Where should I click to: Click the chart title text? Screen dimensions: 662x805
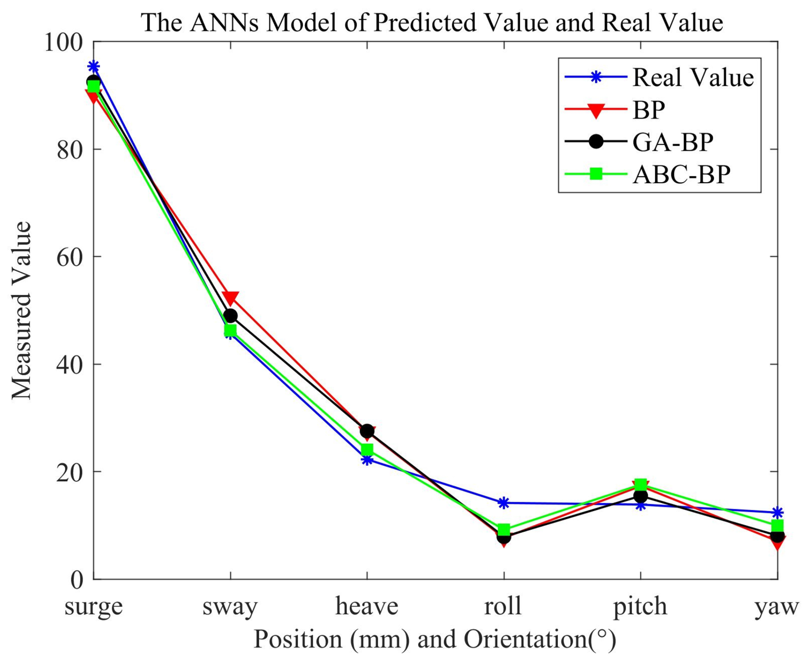[x=432, y=23]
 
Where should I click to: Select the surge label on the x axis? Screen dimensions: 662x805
[x=93, y=606]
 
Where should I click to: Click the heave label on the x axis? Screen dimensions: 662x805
[x=367, y=606]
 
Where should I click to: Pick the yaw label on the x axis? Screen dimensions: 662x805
[x=777, y=607]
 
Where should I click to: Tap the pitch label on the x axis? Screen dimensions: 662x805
[x=640, y=607]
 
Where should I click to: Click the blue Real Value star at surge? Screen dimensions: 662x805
[x=93, y=67]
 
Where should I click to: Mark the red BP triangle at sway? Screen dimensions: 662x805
[x=230, y=297]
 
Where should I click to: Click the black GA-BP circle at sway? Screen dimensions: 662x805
[x=230, y=316]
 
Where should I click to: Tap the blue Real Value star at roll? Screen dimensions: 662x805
[x=504, y=503]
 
